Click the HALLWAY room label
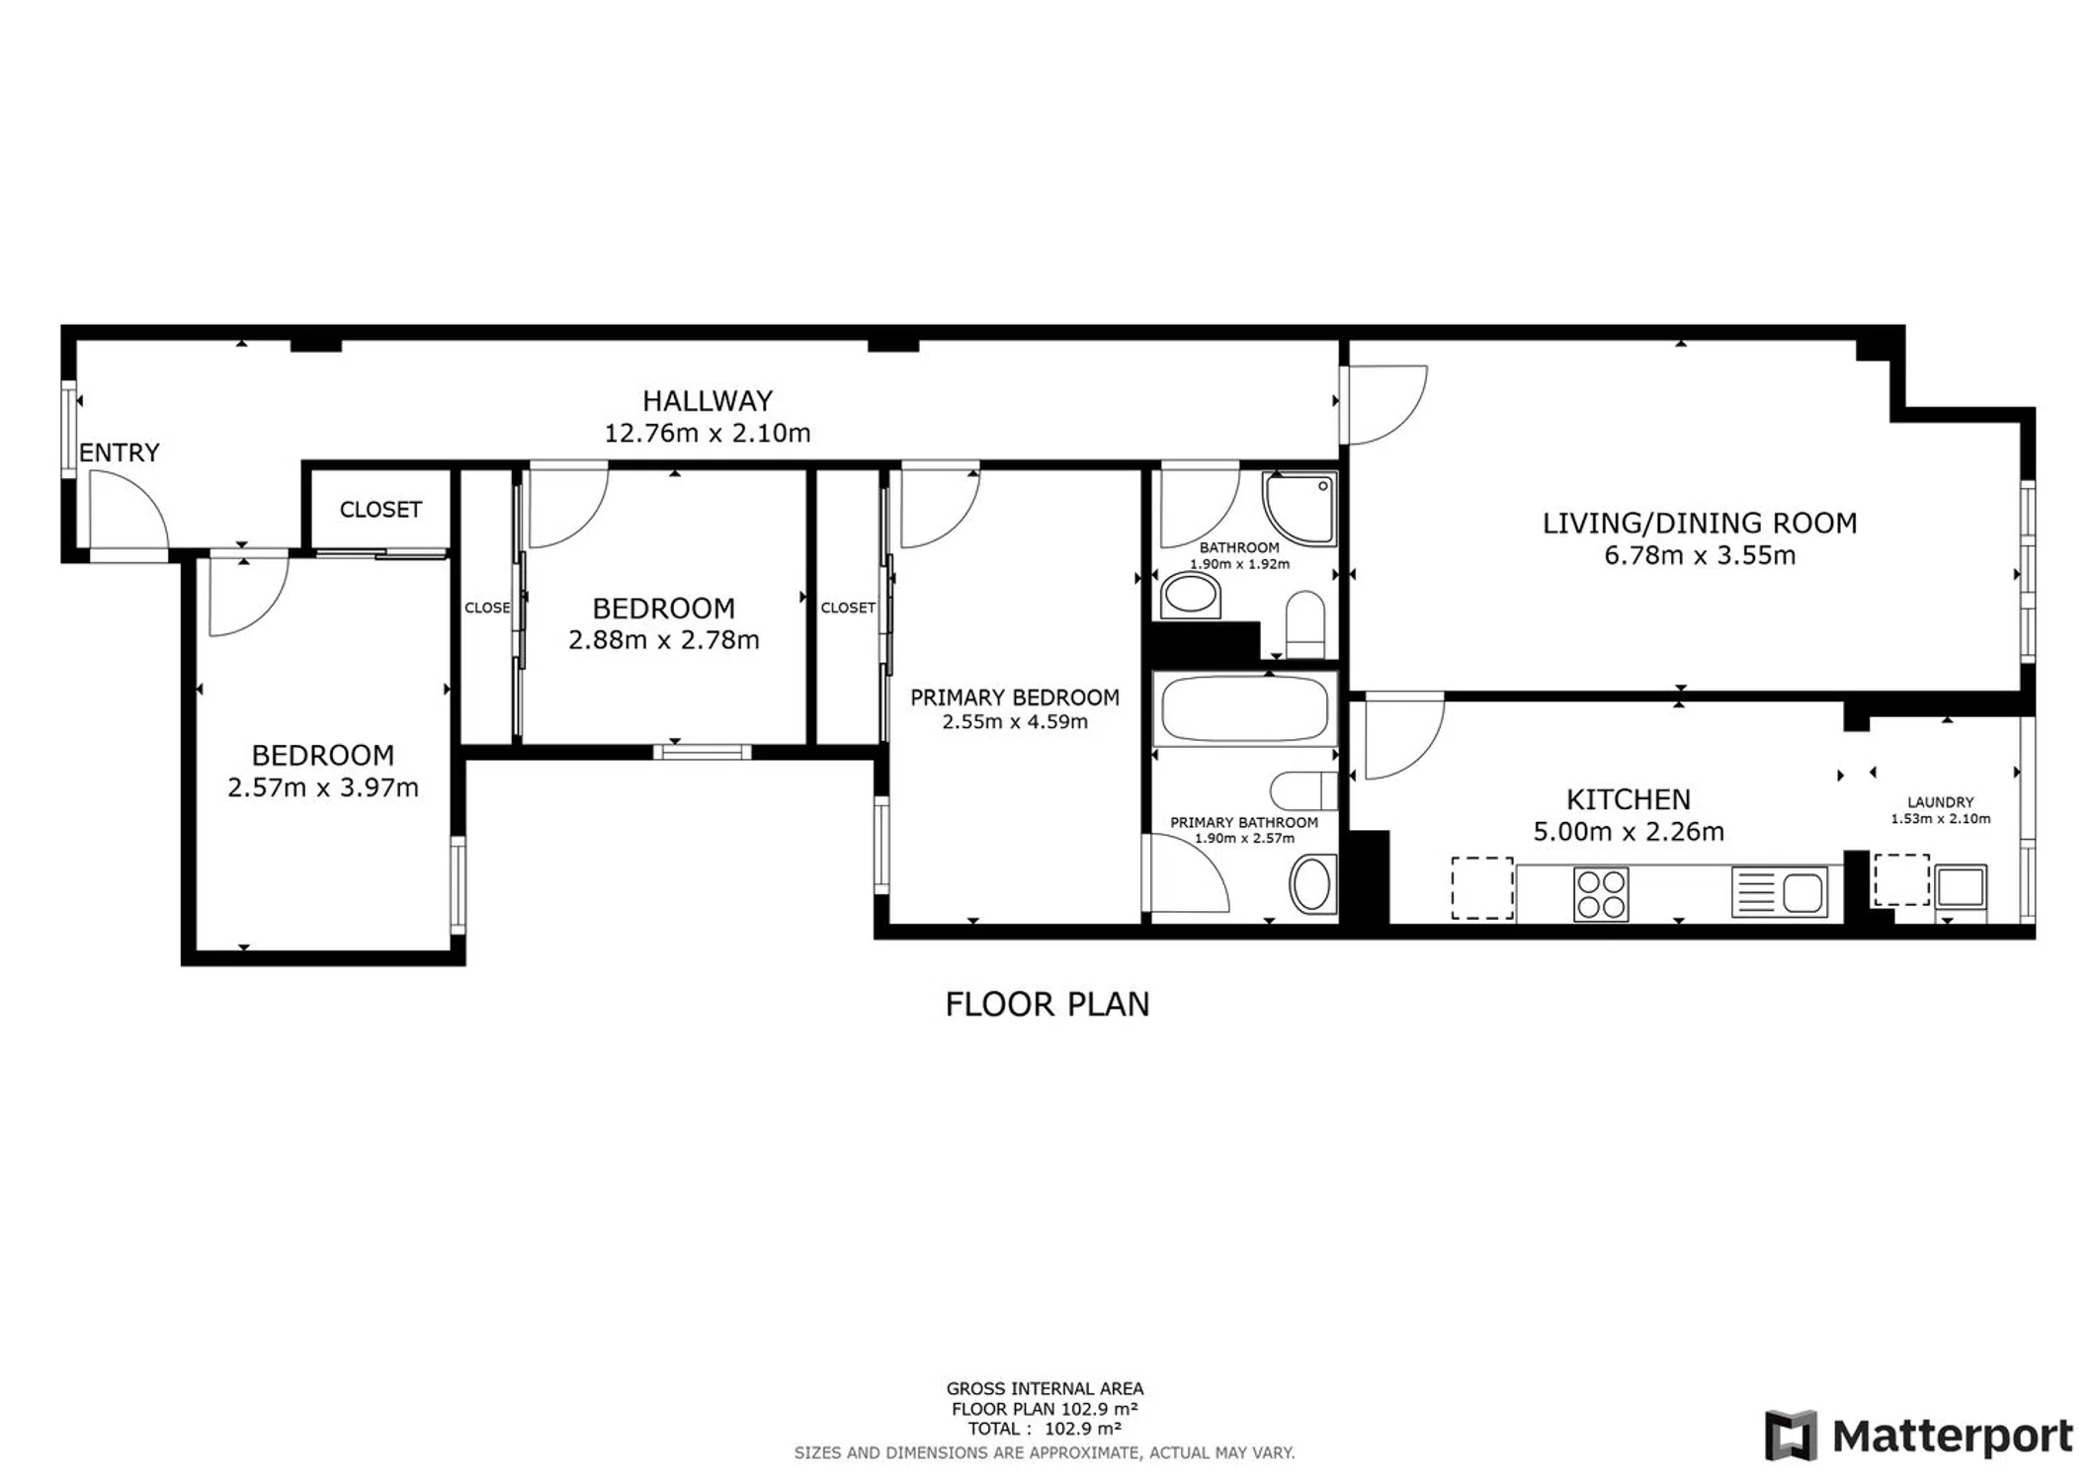pos(708,401)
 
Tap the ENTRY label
pos(120,453)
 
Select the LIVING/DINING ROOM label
pos(1700,523)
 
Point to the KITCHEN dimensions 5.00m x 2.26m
pos(1629,832)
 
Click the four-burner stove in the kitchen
pos(1601,893)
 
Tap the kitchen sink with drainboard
pos(1779,892)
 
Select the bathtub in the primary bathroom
pos(1245,708)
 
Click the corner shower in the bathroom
pos(1300,508)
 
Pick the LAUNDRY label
pos(1941,802)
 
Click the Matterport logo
pos(1919,1435)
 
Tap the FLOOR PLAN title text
pos(1048,1005)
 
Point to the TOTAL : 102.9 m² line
pos(1045,1429)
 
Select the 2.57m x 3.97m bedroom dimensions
pos(323,787)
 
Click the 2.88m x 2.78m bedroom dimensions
pos(664,640)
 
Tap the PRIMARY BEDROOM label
pos(1015,698)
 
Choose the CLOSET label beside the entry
pos(380,510)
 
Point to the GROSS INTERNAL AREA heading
pos(1045,1389)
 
